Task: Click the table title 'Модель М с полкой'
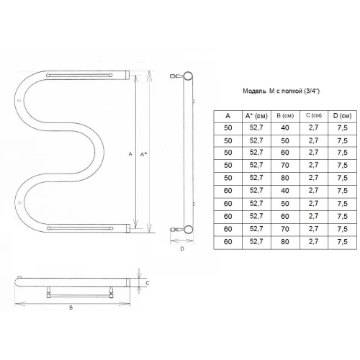pos(272,91)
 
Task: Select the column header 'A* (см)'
pos(256,116)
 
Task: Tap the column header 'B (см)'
pos(285,116)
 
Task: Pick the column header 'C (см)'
pos(314,115)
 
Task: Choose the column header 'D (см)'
pos(342,116)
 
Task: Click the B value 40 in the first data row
pos(285,128)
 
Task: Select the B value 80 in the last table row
pos(285,241)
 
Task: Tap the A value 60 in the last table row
pos(228,241)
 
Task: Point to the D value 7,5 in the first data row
pos(342,128)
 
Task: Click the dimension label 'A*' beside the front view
pos(143,154)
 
